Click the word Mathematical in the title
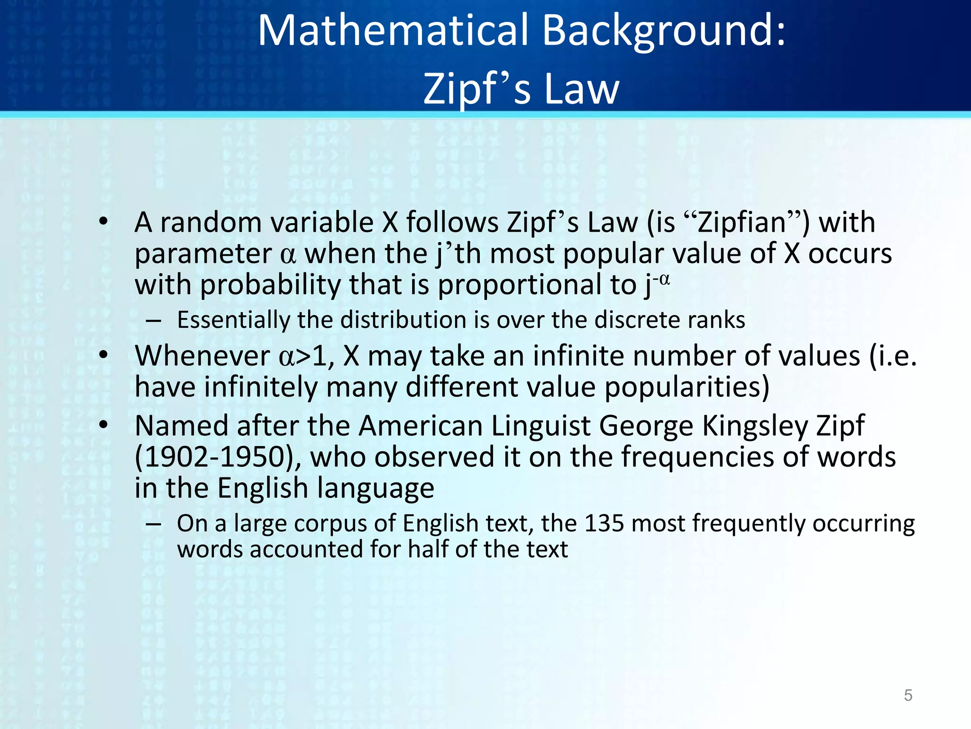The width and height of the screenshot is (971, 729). point(393,31)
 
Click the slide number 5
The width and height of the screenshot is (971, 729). point(908,695)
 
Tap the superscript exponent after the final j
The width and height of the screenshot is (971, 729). point(661,279)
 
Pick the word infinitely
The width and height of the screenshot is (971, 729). point(261,387)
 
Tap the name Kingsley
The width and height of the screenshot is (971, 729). point(754,426)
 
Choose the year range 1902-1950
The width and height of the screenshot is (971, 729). point(216,457)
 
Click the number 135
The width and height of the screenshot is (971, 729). point(604,523)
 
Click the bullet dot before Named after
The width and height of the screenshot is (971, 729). point(104,425)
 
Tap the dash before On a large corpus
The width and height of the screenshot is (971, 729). point(153,524)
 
